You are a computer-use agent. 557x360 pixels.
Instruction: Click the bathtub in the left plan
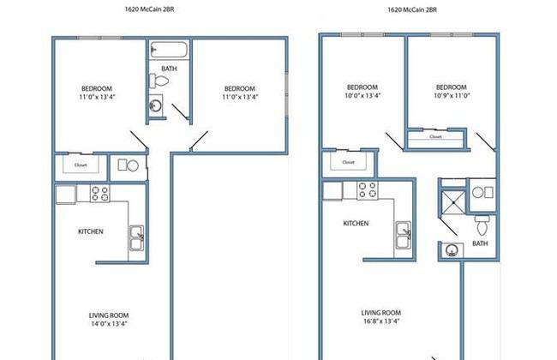[169, 50]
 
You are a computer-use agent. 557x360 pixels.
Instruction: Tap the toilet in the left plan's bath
[159, 81]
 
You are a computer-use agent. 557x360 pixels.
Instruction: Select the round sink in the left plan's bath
[156, 105]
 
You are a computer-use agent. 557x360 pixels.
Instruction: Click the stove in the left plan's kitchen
[99, 194]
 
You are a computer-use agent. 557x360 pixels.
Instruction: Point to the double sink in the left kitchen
[136, 237]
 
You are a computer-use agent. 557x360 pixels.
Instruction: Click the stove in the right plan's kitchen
[368, 190]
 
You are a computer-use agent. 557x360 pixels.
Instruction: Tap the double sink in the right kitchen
[404, 234]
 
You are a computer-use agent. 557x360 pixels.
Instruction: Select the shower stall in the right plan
[453, 202]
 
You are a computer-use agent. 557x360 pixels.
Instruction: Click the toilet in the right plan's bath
[482, 225]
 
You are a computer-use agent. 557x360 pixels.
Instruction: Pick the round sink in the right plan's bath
[452, 250]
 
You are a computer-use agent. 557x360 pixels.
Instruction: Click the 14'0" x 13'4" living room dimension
[109, 324]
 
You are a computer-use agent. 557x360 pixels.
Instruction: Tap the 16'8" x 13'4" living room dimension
[381, 321]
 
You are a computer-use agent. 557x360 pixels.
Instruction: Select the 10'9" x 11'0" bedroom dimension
[452, 95]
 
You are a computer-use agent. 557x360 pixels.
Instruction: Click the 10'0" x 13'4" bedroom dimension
[362, 95]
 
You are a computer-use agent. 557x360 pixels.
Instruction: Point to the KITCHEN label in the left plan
[91, 231]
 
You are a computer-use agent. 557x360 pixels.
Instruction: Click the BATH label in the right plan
[480, 243]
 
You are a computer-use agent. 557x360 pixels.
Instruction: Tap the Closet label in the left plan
[81, 165]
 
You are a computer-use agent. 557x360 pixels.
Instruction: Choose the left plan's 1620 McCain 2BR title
[149, 9]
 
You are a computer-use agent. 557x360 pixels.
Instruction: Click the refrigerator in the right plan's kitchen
[332, 191]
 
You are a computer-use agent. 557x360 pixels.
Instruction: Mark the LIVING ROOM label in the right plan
[381, 313]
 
